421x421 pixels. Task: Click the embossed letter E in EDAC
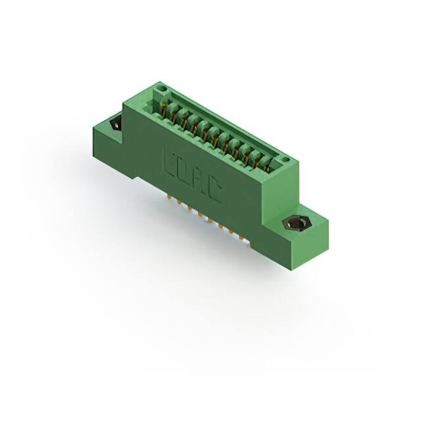pos(168,161)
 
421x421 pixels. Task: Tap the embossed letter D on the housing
pos(184,170)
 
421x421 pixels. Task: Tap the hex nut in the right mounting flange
pos(295,224)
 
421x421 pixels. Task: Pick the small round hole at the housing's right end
pos(285,160)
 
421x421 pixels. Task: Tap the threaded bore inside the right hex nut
pos(295,224)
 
